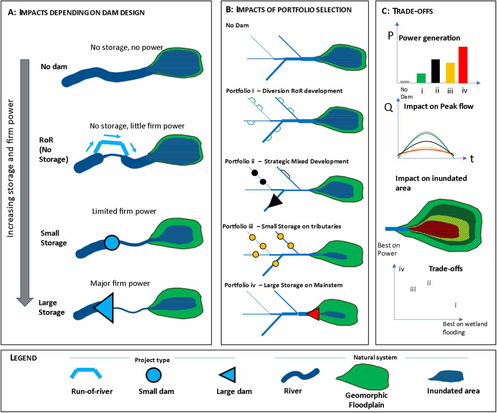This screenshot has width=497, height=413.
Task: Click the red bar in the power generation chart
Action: click(463, 65)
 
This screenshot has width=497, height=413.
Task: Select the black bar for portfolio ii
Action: click(435, 71)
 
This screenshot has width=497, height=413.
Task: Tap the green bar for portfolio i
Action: click(421, 78)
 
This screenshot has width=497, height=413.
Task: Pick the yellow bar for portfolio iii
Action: click(450, 73)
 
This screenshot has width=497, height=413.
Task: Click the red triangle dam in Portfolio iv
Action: click(314, 314)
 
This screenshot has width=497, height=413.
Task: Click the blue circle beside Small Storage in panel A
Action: click(112, 243)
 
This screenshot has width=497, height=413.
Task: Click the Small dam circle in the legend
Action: click(153, 375)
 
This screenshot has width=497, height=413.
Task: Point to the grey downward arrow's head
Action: click(25, 301)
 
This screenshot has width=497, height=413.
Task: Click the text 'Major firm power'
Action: click(120, 283)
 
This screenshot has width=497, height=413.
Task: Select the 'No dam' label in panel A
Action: click(54, 67)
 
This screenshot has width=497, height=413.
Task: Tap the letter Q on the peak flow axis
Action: click(388, 108)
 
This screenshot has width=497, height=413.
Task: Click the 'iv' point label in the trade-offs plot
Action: click(401, 269)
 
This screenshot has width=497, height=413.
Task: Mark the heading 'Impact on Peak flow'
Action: click(438, 106)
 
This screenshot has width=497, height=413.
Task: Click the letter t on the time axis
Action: click(472, 159)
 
